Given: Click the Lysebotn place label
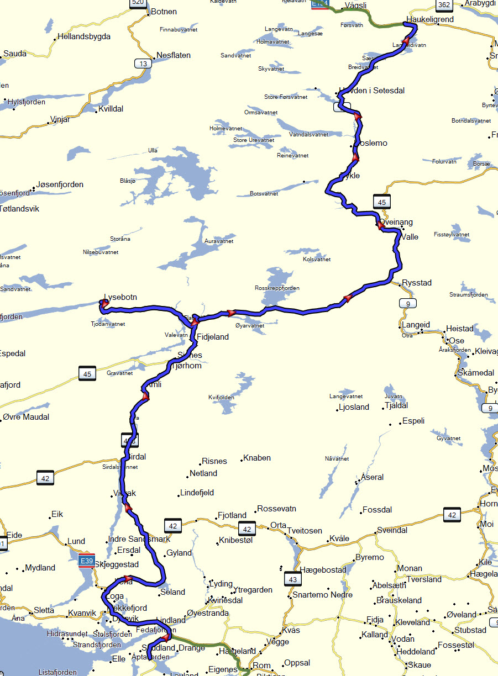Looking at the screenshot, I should click(120, 297).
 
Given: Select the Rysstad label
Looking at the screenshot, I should click(417, 283).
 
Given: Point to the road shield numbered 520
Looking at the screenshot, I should click(138, 3).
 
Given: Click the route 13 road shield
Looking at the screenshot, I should click(143, 64).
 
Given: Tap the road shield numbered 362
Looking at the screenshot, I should click(443, 5).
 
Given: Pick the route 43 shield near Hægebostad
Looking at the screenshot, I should click(293, 579).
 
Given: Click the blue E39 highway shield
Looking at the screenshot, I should click(86, 561).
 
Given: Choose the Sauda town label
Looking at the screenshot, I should click(15, 54).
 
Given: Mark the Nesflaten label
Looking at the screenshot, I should click(174, 55).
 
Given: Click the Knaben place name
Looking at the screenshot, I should click(258, 458).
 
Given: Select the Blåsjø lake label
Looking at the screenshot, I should click(127, 181).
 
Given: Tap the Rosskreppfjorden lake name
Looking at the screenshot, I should click(277, 288).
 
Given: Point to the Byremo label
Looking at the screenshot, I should click(369, 557).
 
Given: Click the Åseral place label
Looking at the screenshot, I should click(372, 477).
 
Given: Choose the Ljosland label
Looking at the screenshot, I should click(354, 407).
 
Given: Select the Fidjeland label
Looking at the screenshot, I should click(212, 337).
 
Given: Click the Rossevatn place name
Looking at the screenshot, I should click(277, 509).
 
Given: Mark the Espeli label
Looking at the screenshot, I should click(413, 421).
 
